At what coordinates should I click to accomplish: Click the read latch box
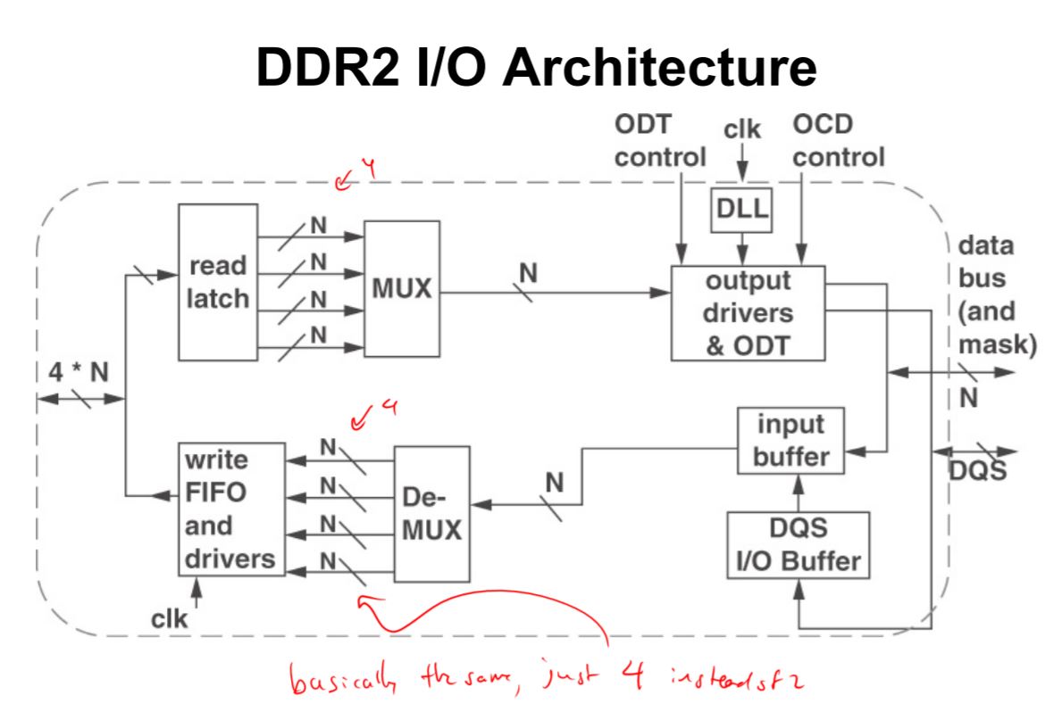point(218,281)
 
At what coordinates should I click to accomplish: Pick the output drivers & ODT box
point(747,313)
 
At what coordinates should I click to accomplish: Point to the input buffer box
point(790,440)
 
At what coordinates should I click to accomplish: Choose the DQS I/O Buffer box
point(798,544)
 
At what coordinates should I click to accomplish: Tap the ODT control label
point(659,141)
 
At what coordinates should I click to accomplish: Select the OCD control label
point(838,141)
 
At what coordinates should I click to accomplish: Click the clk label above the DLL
point(742,130)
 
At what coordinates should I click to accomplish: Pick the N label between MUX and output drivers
point(528,275)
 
